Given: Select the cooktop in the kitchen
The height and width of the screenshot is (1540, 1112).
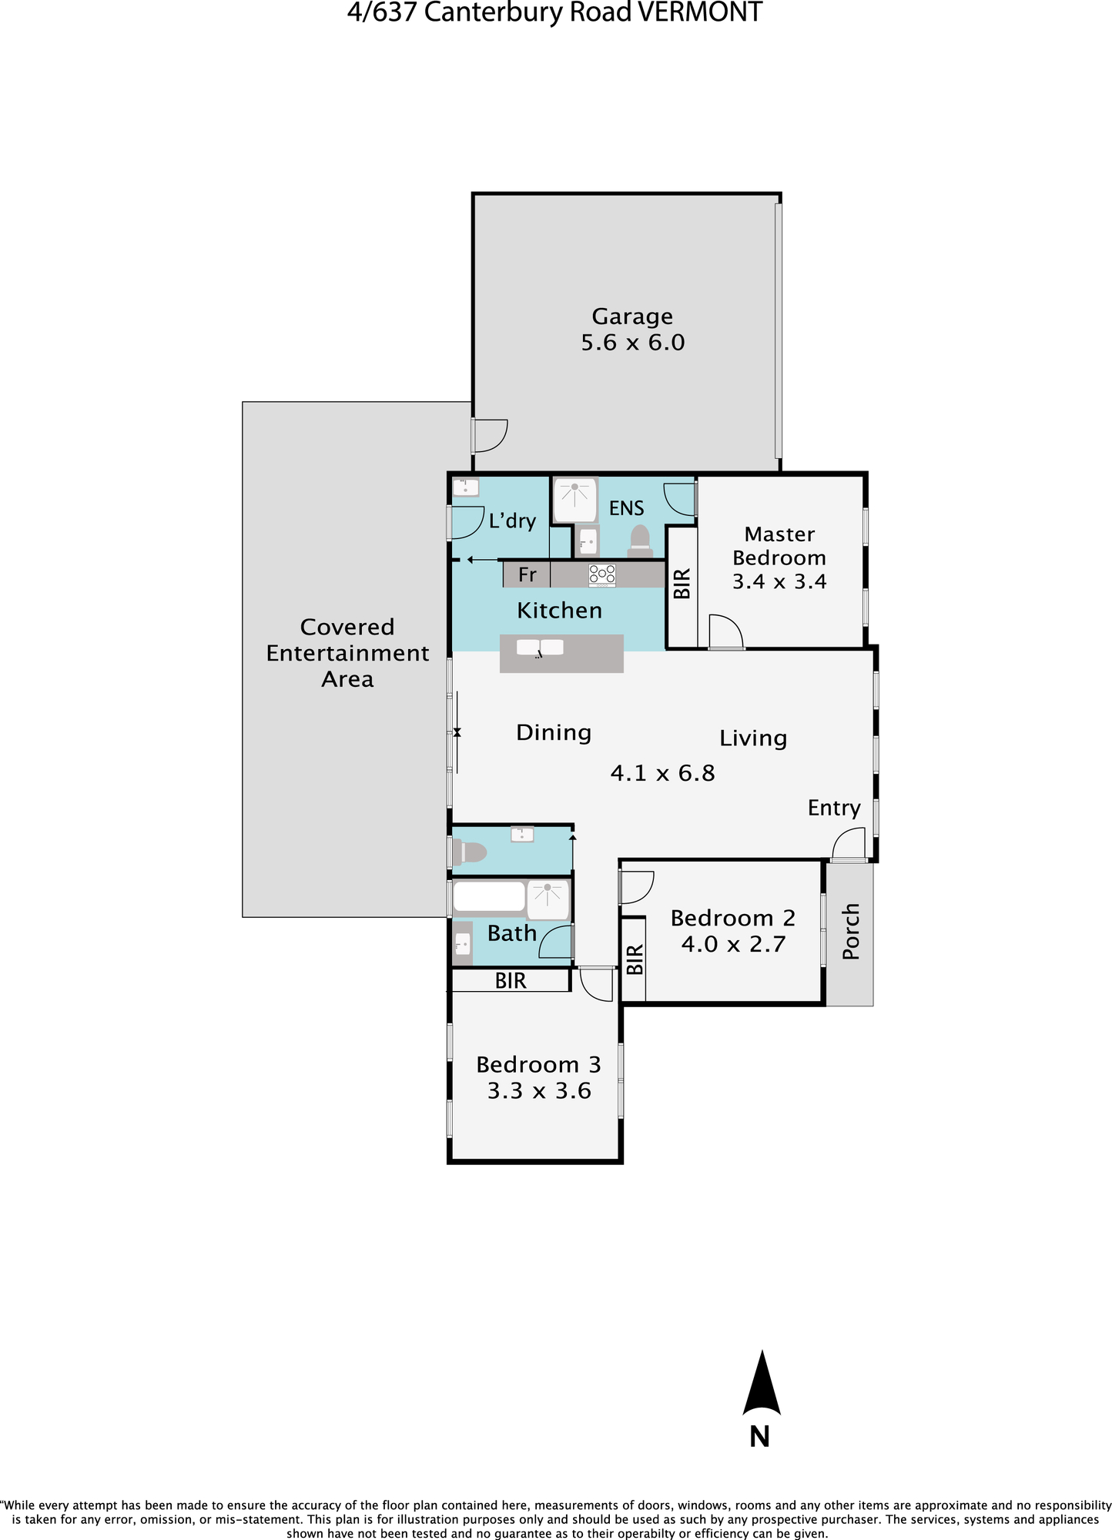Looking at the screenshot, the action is tap(602, 574).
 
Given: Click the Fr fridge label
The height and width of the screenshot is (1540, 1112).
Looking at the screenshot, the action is tap(528, 574).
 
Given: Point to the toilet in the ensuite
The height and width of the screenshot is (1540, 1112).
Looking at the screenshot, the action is tap(640, 541).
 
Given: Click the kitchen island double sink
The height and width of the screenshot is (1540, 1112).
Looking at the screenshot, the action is tap(540, 648).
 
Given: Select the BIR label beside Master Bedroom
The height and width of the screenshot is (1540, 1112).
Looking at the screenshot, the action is tap(682, 584).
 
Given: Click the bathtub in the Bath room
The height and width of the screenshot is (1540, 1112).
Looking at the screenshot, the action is tap(489, 897).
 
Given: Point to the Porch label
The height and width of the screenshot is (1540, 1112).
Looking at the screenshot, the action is tap(850, 932).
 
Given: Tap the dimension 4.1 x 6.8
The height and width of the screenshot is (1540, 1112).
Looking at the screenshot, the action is tap(662, 772).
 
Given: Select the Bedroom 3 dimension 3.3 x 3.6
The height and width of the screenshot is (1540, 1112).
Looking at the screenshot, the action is tap(539, 1091).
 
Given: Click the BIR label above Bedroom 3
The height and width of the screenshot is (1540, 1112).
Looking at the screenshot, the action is tap(511, 980).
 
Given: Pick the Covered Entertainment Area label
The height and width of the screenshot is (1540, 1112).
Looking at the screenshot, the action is tap(347, 653).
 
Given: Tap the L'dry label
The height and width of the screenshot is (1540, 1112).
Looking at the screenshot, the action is tap(512, 521).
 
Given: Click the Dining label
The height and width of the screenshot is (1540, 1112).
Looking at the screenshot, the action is tap(554, 733).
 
